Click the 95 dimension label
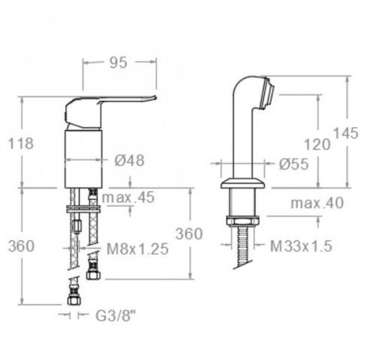pyautogui.click(x=118, y=63)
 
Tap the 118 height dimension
pyautogui.click(x=21, y=144)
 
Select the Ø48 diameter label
pyautogui.click(x=129, y=160)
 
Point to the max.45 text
pyautogui.click(x=128, y=198)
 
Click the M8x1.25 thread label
pyautogui.click(x=138, y=249)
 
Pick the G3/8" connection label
pyautogui.click(x=115, y=316)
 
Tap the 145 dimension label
pyautogui.click(x=346, y=133)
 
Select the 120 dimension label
pyautogui.click(x=317, y=144)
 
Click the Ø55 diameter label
pyautogui.click(x=293, y=164)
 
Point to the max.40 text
pyautogui.click(x=317, y=203)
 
